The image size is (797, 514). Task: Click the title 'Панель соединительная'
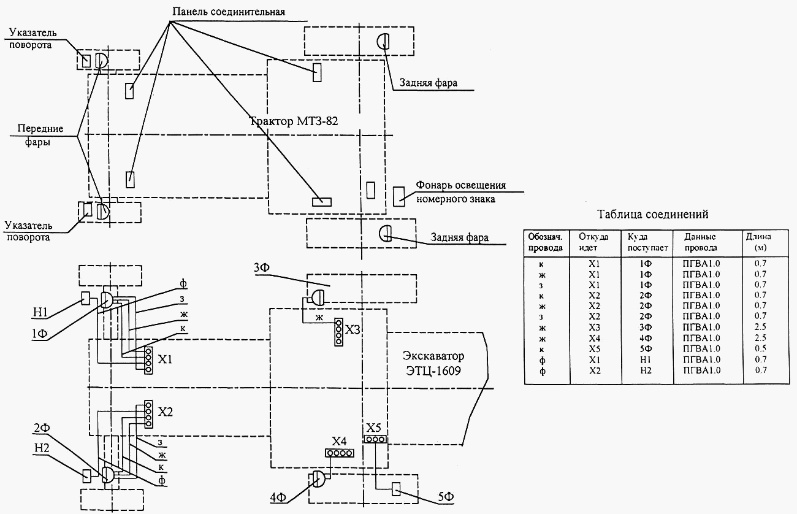point(229,12)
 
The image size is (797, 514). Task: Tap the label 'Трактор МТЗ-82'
point(294,121)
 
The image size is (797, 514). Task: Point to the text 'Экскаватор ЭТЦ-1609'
point(433,363)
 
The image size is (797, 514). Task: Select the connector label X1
point(165,359)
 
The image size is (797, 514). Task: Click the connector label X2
point(166,412)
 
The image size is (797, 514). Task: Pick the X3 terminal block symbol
point(338,332)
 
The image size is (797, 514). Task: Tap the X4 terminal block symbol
point(340,453)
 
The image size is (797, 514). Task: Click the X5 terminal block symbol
point(375,440)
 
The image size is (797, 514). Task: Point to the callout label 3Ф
point(262,267)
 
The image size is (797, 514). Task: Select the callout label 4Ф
point(278,497)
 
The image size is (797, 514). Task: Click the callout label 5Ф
point(446,497)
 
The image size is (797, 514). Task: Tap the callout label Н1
point(40,312)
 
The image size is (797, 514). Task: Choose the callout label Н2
point(42,447)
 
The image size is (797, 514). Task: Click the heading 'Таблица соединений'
point(652,214)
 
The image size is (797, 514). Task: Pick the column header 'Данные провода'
point(701,242)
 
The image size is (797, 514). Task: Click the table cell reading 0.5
point(760,348)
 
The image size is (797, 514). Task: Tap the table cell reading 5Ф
point(646,348)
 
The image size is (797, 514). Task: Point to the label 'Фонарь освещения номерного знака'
point(461,192)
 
